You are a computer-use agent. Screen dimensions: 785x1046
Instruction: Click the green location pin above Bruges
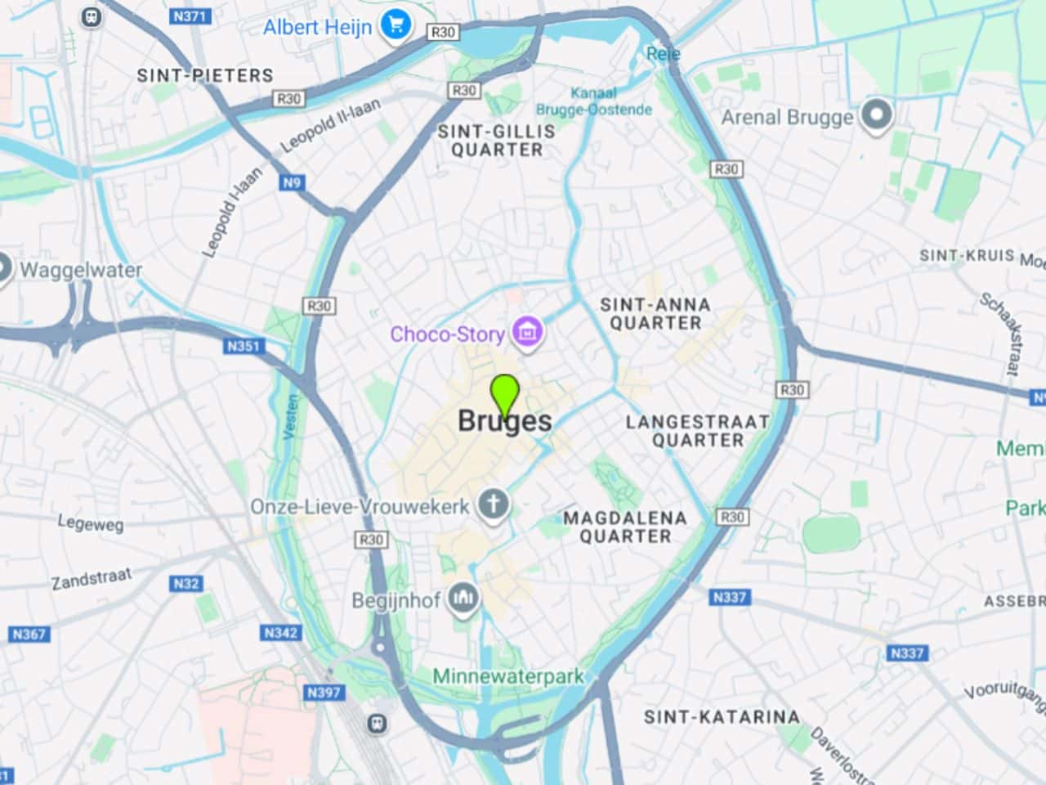coord(506,395)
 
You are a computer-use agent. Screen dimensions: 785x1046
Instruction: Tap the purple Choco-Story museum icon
coord(528,333)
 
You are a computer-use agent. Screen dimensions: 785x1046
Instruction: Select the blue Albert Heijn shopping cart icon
coord(396,25)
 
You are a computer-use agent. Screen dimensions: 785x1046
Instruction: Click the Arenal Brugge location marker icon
coord(876,116)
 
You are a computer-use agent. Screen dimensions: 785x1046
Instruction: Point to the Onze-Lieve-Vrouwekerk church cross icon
coord(493,505)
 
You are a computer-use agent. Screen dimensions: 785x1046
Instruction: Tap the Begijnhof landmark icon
coord(463,599)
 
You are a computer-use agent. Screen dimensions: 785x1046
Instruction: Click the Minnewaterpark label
coord(508,676)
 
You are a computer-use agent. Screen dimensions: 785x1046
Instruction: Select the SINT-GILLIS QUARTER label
coord(496,140)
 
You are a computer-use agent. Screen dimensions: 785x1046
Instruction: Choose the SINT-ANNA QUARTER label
coord(655,313)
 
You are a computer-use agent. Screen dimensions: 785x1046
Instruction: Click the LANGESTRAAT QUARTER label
coord(697,431)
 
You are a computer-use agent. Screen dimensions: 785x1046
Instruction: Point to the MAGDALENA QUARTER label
coord(625,527)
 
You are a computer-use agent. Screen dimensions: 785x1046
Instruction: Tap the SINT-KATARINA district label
coord(722,717)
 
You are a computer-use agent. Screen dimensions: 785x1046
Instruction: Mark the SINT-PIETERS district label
coord(205,75)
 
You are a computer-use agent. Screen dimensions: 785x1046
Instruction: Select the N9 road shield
coord(292,182)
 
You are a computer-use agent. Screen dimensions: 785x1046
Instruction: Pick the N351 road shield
coord(243,346)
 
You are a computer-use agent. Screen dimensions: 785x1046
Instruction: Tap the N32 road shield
coord(186,584)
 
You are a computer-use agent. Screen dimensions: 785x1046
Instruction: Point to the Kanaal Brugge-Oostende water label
coord(594,101)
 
